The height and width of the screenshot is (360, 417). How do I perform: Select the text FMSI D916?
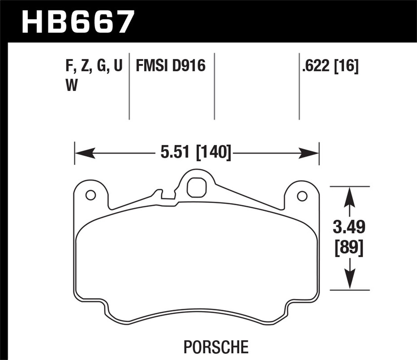pyautogui.click(x=170, y=66)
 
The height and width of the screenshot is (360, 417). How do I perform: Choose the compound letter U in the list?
pyautogui.click(x=118, y=67)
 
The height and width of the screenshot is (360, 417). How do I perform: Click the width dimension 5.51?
pyautogui.click(x=175, y=152)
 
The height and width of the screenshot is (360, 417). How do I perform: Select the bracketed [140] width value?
pyautogui.click(x=214, y=152)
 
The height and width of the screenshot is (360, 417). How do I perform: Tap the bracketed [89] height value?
pyautogui.click(x=349, y=247)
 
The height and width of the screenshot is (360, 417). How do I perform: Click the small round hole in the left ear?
pyautogui.click(x=90, y=195)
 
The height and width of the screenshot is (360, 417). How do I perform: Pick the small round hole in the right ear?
pyautogui.click(x=302, y=196)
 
